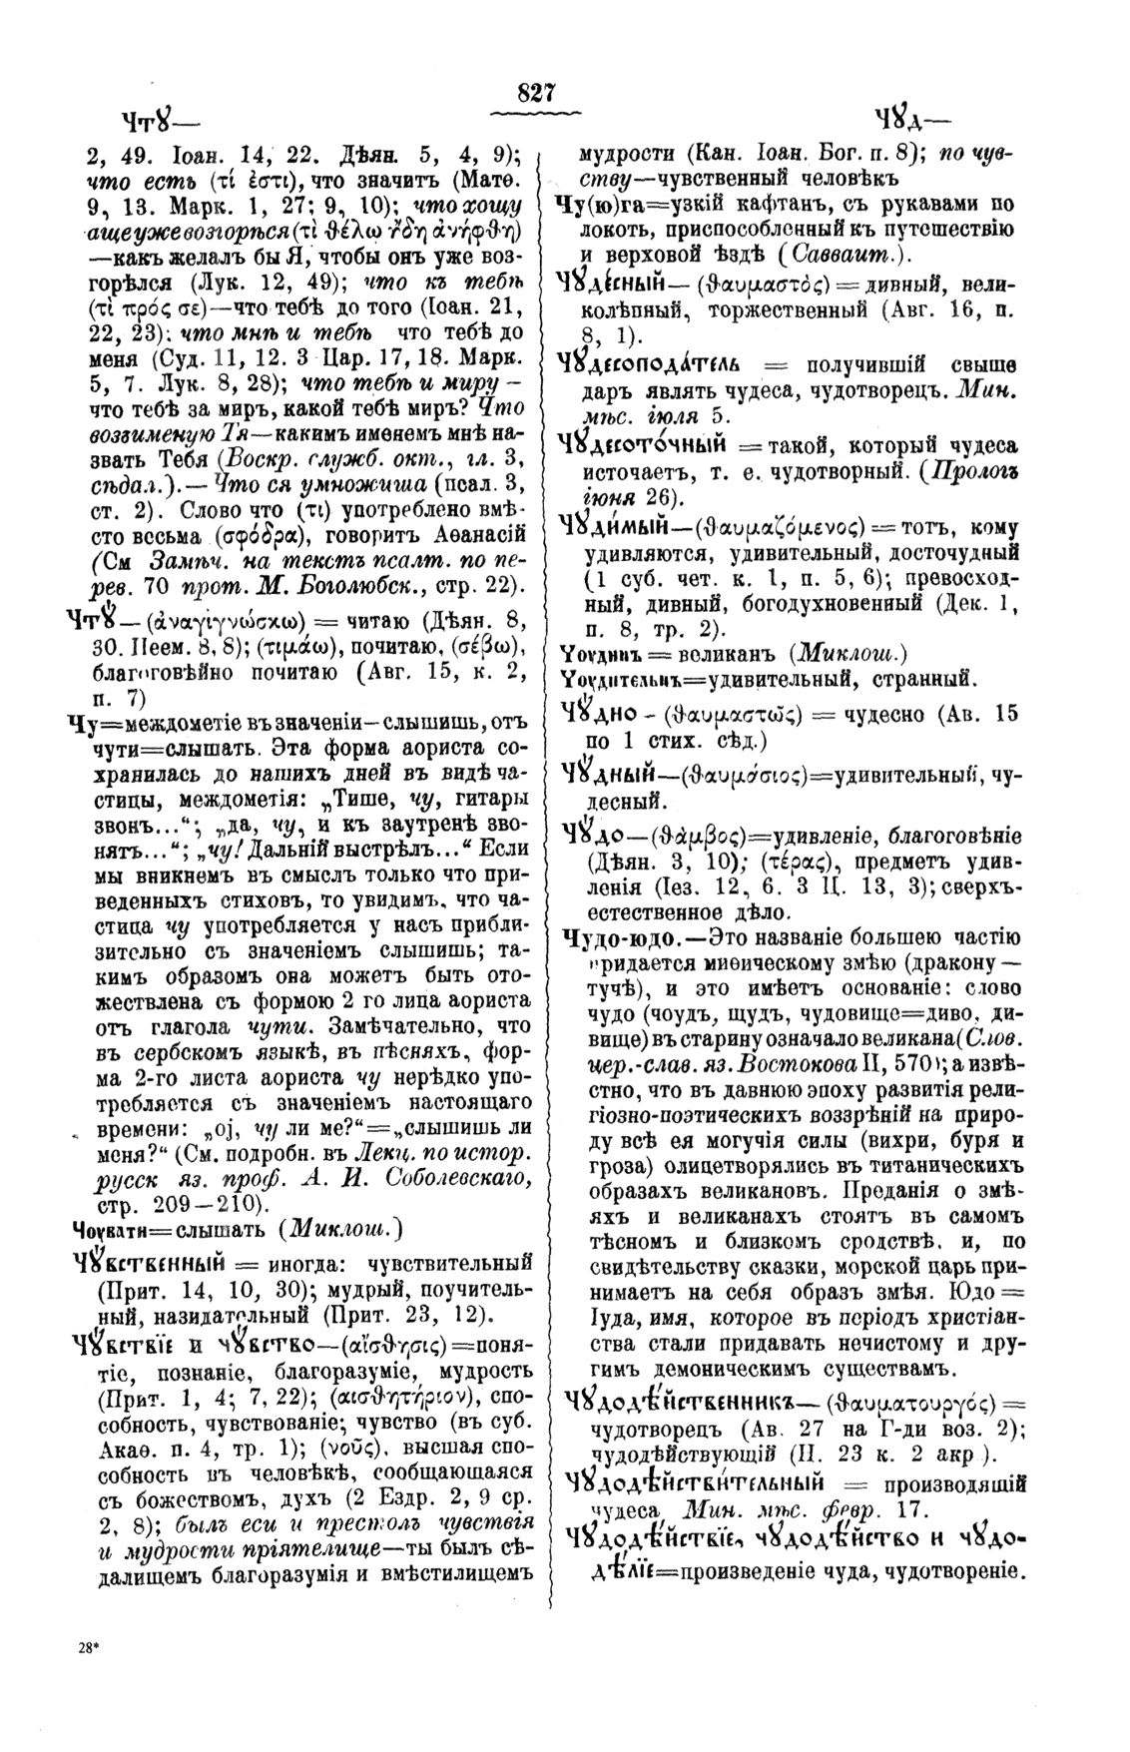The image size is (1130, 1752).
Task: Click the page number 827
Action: click(x=536, y=94)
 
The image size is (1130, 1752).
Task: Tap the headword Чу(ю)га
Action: click(x=600, y=205)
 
